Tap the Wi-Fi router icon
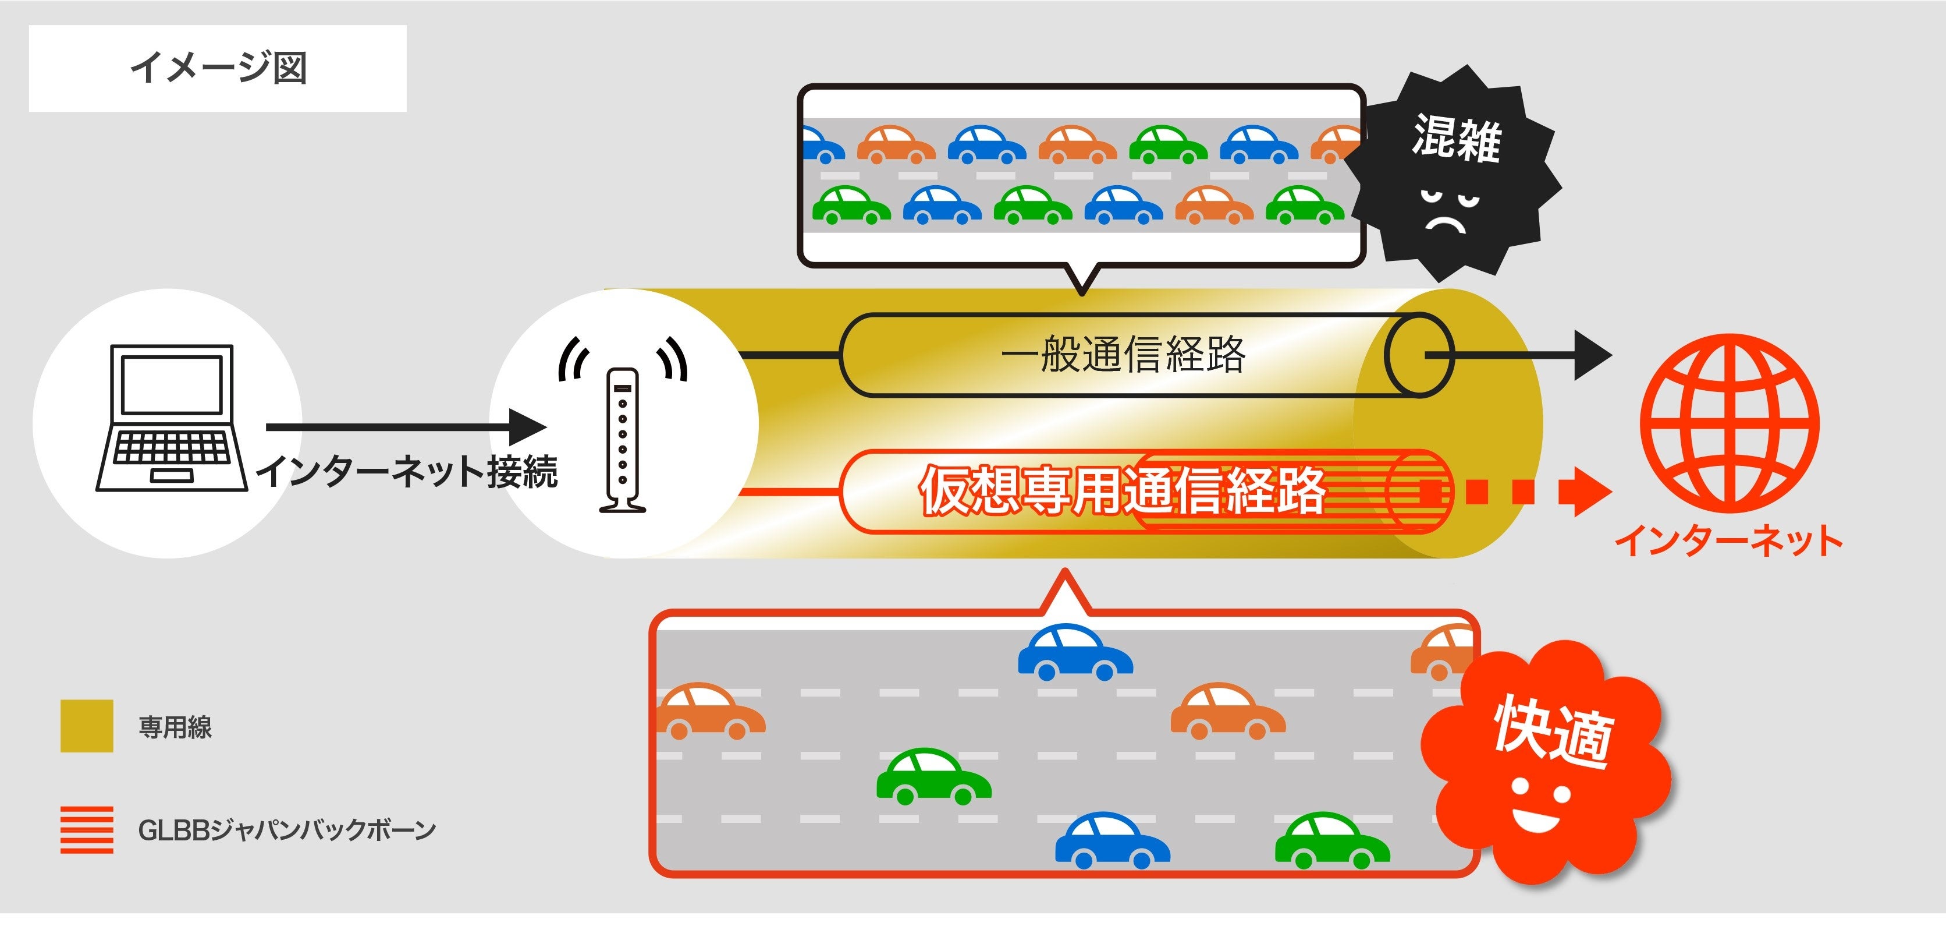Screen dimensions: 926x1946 [623, 439]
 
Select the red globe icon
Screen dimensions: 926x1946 [1729, 423]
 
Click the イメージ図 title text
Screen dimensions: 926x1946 [218, 68]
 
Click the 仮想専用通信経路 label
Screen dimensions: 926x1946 [1123, 492]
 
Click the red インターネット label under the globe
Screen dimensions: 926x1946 [1728, 541]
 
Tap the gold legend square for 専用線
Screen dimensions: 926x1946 [87, 726]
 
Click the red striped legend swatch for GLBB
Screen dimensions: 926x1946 [87, 829]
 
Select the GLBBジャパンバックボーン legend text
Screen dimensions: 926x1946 [287, 830]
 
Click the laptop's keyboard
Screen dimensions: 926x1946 [172, 447]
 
